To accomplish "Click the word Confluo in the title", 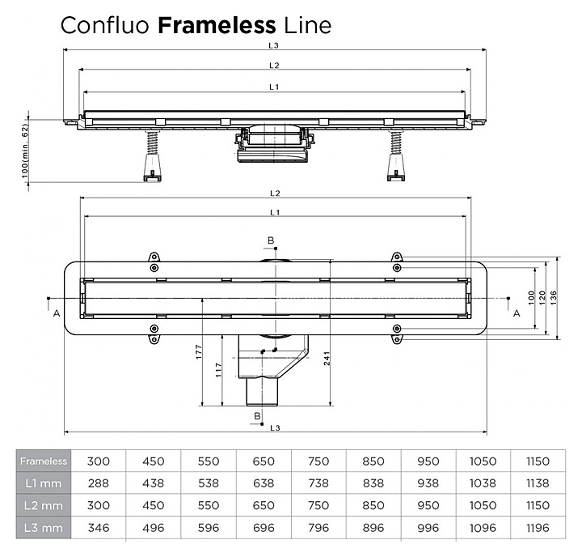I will [x=105, y=25].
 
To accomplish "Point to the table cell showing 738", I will [x=318, y=483].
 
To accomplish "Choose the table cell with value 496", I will [x=153, y=527].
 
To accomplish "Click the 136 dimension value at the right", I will [x=553, y=298].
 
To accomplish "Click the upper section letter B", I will [x=272, y=240].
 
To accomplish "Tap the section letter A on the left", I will [x=56, y=314].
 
